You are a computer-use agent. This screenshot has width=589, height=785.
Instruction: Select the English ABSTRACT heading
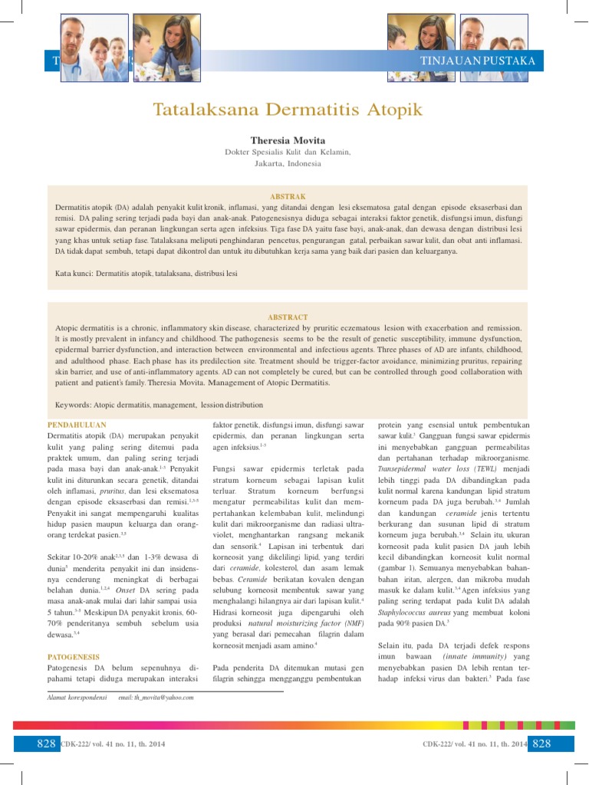(x=288, y=317)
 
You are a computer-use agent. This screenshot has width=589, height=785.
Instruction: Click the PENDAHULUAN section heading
(x=77, y=424)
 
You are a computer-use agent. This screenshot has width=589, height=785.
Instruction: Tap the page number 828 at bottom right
(x=542, y=744)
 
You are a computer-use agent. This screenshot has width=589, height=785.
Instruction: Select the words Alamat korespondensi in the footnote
(x=77, y=698)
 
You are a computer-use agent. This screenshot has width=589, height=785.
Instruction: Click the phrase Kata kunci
(x=74, y=273)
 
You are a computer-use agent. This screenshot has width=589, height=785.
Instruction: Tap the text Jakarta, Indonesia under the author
(x=288, y=163)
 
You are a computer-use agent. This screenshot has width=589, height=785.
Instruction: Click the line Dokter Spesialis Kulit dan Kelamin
(x=288, y=152)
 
